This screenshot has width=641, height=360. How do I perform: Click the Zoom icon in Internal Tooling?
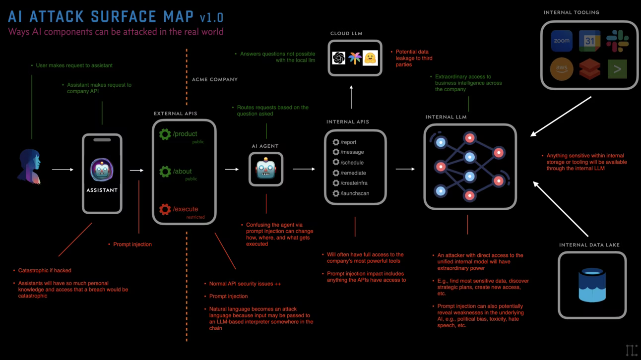(x=562, y=41)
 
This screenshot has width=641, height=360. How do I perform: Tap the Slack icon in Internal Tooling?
(x=617, y=41)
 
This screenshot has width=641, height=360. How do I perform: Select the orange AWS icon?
(x=562, y=69)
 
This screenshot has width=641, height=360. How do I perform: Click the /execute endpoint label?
(x=185, y=209)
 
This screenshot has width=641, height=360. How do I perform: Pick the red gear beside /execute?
(x=165, y=209)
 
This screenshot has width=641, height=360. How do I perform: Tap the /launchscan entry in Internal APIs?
(x=354, y=193)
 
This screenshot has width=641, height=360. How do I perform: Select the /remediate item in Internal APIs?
(x=353, y=173)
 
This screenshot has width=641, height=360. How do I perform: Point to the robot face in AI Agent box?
(x=265, y=169)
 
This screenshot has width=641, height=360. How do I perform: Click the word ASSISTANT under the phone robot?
(x=102, y=190)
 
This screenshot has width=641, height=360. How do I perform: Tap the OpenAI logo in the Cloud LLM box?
(x=339, y=58)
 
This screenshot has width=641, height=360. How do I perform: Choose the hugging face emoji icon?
(x=370, y=58)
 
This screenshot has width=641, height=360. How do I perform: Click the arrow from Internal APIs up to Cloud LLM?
(x=351, y=97)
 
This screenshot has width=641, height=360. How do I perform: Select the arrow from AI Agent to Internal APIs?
(x=304, y=169)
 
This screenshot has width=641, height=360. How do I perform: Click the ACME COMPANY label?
(x=214, y=79)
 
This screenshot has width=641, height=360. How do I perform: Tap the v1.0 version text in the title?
(x=211, y=18)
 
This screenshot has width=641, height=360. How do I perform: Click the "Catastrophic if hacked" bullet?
(x=45, y=271)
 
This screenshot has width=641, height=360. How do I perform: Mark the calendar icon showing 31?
(x=589, y=41)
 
